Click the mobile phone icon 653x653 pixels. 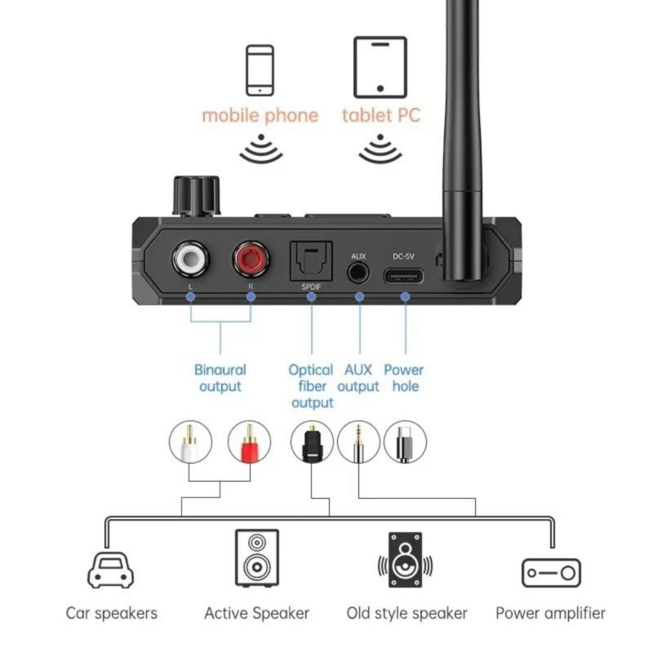click(260, 70)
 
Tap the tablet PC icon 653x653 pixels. click(380, 67)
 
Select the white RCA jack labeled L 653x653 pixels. click(189, 261)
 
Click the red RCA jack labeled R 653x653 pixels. click(251, 261)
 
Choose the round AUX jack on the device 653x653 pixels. click(358, 273)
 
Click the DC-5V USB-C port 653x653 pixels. click(405, 274)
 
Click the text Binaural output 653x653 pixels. click(220, 378)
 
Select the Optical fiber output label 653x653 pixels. click(311, 386)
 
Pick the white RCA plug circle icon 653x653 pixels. click(190, 442)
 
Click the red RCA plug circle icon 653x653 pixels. click(249, 442)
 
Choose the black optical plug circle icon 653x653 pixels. click(312, 442)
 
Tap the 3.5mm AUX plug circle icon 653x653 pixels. click(358, 442)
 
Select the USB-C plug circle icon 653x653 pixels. click(405, 442)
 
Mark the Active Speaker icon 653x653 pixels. click(256, 557)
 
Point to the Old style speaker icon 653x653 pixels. click(406, 560)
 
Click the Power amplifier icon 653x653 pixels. click(551, 572)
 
